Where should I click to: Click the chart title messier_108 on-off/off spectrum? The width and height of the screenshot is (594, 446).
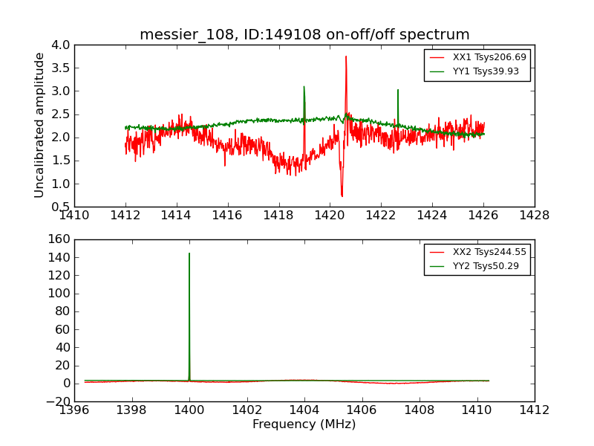pyautogui.click(x=304, y=35)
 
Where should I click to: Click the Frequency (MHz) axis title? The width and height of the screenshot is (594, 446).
pyautogui.click(x=304, y=424)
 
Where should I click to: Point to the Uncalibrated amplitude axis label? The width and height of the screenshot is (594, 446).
pyautogui.click(x=39, y=125)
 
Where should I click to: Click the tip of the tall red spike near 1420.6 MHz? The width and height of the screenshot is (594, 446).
pyautogui.click(x=345, y=56)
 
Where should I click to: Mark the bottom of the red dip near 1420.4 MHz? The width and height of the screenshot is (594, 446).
pyautogui.click(x=342, y=196)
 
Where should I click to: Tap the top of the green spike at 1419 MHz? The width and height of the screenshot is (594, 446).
pyautogui.click(x=304, y=86)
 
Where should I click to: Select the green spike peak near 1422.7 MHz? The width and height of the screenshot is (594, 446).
pyautogui.click(x=398, y=90)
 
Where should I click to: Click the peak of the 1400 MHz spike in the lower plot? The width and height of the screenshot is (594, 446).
pyautogui.click(x=189, y=253)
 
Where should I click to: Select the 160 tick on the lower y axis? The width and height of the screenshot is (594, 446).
pyautogui.click(x=60, y=239)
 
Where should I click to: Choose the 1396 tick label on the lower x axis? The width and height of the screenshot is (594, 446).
pyautogui.click(x=74, y=410)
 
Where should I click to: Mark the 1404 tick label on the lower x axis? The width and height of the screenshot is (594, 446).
pyautogui.click(x=304, y=410)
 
